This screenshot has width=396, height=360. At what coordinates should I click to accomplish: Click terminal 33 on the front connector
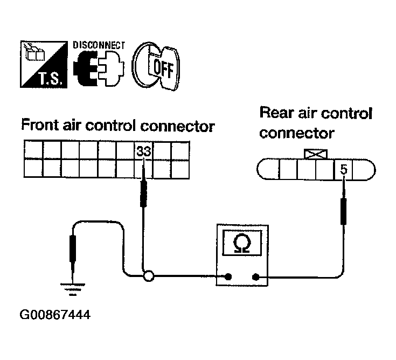(x=143, y=151)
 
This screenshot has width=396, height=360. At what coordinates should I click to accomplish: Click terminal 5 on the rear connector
(x=344, y=170)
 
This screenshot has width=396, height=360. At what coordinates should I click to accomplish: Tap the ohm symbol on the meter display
(x=242, y=243)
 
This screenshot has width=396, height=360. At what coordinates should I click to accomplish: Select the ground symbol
(x=73, y=289)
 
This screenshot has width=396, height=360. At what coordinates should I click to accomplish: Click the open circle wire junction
(x=149, y=276)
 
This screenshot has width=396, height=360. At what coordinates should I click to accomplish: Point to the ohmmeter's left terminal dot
(x=228, y=276)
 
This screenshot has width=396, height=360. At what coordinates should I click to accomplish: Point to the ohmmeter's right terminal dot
(x=255, y=277)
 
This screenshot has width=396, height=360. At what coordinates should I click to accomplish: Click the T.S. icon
(x=44, y=64)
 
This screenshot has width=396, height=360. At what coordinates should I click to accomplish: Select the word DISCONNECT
(x=99, y=45)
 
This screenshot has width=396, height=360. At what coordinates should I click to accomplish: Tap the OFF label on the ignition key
(x=163, y=68)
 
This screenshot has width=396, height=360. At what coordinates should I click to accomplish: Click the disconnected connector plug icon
(x=99, y=68)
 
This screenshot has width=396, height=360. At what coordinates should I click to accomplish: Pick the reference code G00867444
(x=55, y=315)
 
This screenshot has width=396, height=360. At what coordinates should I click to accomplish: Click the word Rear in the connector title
(x=277, y=113)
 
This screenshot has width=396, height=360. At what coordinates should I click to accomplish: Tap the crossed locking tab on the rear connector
(x=316, y=154)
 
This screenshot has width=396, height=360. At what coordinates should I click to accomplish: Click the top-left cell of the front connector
(x=33, y=150)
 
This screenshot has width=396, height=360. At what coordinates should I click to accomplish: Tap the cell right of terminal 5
(x=361, y=170)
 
